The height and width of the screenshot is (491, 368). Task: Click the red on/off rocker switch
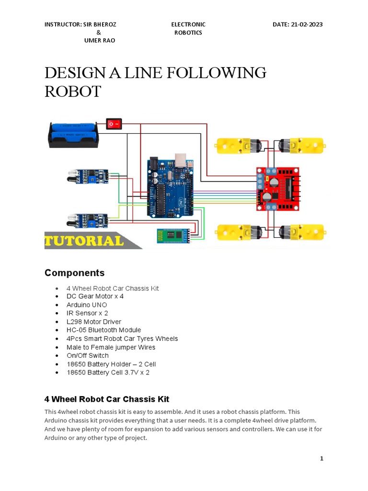point(114,124)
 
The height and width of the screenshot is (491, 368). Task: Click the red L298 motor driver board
point(278,188)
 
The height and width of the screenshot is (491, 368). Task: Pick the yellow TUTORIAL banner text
point(84,241)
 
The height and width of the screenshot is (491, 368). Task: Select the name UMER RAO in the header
point(99,41)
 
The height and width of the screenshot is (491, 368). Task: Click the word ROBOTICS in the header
point(188,33)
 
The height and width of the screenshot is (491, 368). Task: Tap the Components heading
point(74,273)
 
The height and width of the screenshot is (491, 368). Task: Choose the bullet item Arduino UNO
point(87,305)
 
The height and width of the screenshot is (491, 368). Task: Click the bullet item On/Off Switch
point(88,355)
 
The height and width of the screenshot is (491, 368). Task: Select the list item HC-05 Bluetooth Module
point(103,330)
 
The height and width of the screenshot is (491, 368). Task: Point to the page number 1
point(322,458)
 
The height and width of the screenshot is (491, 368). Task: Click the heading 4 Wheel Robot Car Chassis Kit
point(107,399)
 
